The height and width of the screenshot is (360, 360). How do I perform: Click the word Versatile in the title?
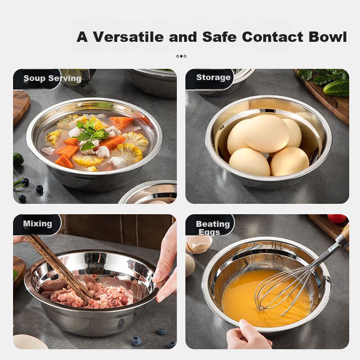pyautogui.click(x=128, y=37)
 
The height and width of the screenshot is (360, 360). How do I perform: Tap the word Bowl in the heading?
pyautogui.click(x=328, y=37)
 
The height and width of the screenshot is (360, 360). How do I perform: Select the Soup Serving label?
pyautogui.click(x=52, y=78)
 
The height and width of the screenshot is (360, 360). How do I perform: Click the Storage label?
pyautogui.click(x=213, y=77)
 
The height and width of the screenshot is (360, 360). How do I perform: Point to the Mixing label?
pyautogui.click(x=37, y=224)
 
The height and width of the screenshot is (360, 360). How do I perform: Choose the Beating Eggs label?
pyautogui.click(x=212, y=228)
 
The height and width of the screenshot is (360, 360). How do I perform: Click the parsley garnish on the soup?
pyautogui.click(x=91, y=135)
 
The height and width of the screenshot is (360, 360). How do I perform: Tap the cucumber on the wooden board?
pyautogui.click(x=336, y=88)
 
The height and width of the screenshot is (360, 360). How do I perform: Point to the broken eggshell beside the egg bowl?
pyautogui.click(x=198, y=244)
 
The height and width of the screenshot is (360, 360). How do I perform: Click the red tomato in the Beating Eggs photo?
pyautogui.click(x=337, y=219)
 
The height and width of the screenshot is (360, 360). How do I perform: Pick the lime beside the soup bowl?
pyautogui.click(x=18, y=160)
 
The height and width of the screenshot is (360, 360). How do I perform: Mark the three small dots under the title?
pyautogui.click(x=181, y=56)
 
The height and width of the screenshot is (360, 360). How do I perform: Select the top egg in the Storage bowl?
pyautogui.click(x=267, y=133)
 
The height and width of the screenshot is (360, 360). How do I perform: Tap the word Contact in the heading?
pyautogui.click(x=273, y=37)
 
